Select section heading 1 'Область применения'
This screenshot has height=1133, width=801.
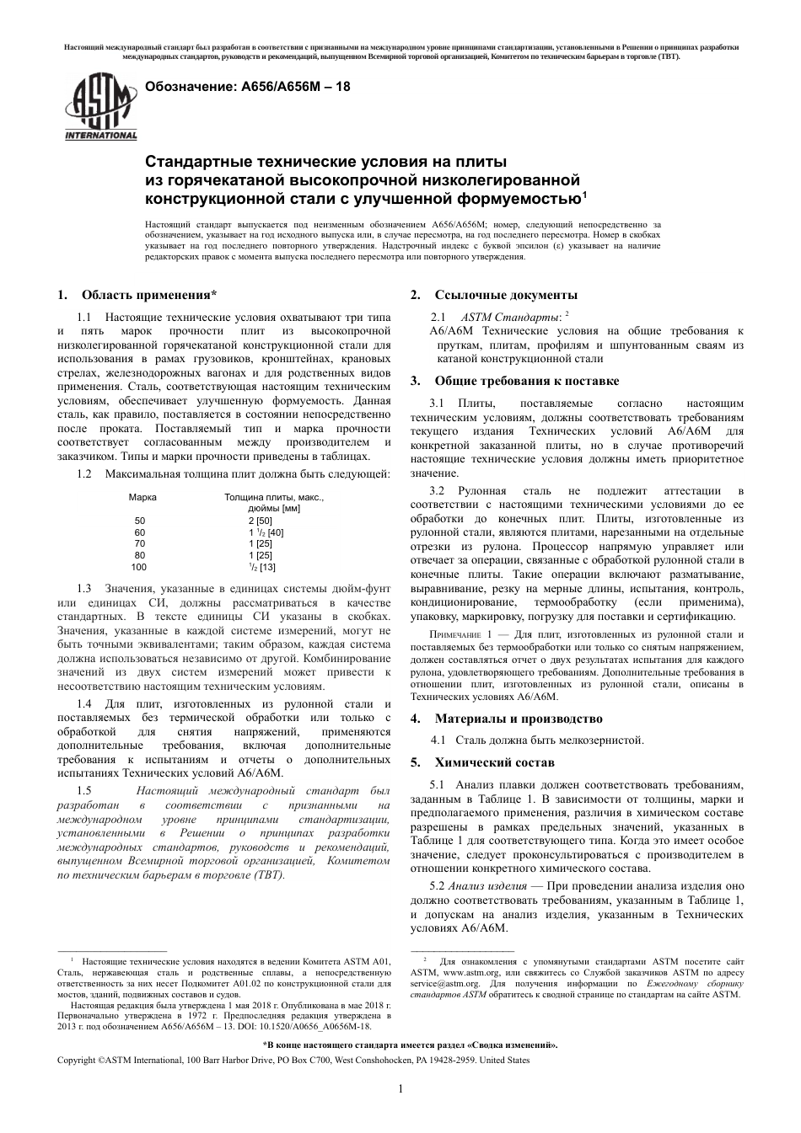pyautogui.click(x=148, y=295)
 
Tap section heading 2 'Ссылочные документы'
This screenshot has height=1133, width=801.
pyautogui.click(x=506, y=295)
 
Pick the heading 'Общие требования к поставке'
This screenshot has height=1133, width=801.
pyautogui.click(x=526, y=381)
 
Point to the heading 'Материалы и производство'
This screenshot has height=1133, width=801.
pyautogui.click(x=518, y=719)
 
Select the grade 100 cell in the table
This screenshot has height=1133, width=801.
pyautogui.click(x=140, y=567)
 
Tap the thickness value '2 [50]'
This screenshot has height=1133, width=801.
pyautogui.click(x=260, y=521)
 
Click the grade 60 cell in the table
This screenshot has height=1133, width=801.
pyautogui.click(x=140, y=532)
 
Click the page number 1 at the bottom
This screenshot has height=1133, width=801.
pyautogui.click(x=400, y=1088)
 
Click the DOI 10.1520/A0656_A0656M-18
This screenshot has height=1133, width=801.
pyautogui.click(x=321, y=1026)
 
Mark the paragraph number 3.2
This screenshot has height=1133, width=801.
pyautogui.click(x=437, y=491)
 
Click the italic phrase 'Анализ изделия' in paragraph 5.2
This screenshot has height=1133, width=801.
pyautogui.click(x=487, y=886)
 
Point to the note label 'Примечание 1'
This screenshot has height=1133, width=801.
pyautogui.click(x=461, y=634)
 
